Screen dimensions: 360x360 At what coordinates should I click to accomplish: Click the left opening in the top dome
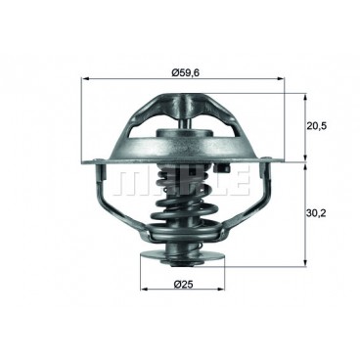click(157, 132)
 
